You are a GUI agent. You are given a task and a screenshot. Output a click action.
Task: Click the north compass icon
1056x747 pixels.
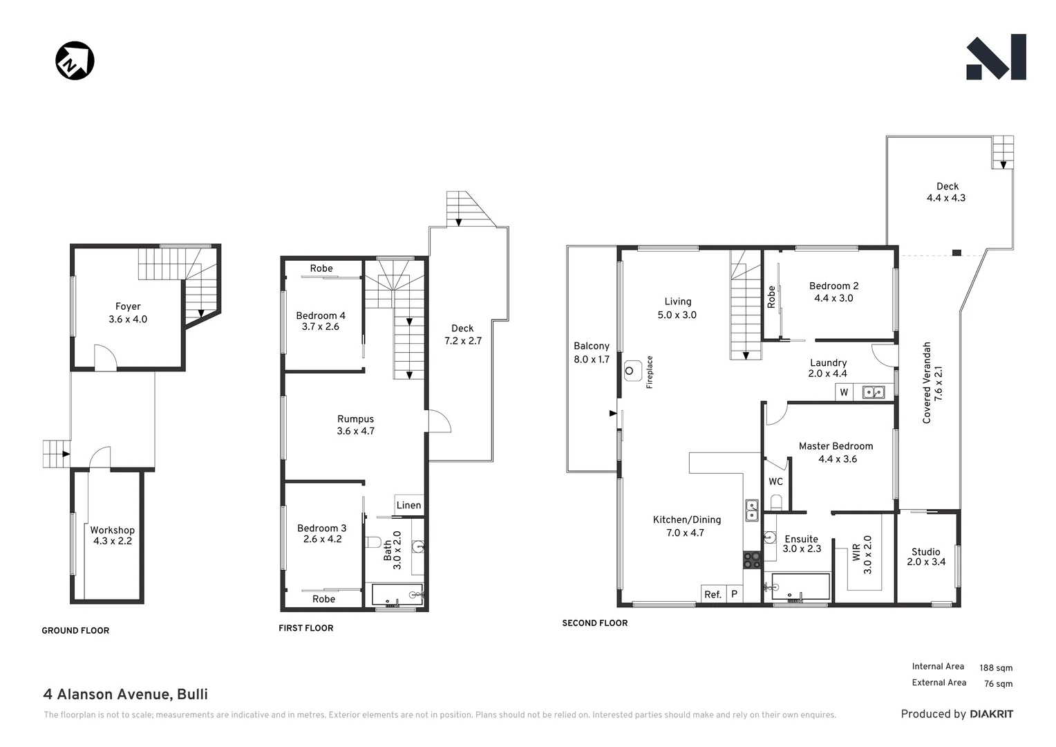(75, 61)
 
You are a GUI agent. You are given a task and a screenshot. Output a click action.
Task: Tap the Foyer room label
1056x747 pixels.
(128, 313)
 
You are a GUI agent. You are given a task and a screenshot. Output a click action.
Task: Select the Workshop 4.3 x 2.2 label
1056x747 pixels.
(112, 535)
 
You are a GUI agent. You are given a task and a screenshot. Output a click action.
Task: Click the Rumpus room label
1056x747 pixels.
(355, 425)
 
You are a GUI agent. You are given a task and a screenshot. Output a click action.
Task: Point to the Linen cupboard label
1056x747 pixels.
(408, 505)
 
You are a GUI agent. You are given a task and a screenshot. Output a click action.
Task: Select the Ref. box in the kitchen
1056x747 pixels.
(713, 594)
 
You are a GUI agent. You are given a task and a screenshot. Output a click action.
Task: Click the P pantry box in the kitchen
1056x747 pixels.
(734, 594)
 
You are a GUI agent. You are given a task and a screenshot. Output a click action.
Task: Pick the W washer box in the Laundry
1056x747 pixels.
(844, 392)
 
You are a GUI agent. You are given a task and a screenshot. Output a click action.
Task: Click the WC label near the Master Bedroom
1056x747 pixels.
(775, 481)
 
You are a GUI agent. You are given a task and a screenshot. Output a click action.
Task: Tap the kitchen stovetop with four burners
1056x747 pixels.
(751, 560)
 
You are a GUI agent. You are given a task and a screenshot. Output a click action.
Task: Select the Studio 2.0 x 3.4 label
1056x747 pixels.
(926, 557)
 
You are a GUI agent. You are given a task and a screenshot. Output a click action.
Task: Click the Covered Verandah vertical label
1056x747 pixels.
(932, 382)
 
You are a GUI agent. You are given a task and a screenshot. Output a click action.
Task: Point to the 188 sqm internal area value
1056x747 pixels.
(995, 667)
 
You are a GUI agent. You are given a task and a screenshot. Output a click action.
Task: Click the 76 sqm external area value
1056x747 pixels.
(998, 683)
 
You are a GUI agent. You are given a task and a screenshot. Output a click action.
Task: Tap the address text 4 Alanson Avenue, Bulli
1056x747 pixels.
(125, 694)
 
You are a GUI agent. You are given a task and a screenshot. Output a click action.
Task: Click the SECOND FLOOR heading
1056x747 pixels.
(594, 623)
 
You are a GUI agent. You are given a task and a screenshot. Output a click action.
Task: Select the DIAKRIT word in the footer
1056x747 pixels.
(991, 714)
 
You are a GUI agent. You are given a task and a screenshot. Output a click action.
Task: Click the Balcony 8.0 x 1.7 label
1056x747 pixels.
(592, 353)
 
